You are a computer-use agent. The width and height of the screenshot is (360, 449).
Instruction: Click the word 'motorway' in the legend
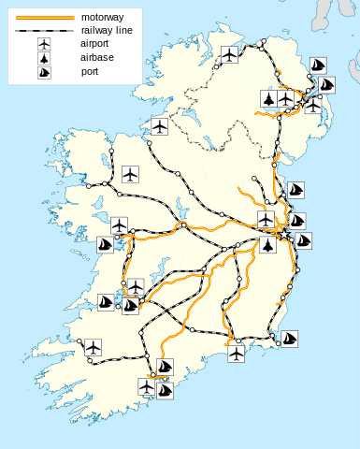click(103, 17)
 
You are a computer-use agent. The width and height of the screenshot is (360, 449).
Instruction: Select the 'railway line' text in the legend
click(108, 30)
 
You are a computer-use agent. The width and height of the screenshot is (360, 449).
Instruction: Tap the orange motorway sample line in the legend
click(45, 17)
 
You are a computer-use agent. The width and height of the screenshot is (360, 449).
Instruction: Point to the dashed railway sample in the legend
click(45, 30)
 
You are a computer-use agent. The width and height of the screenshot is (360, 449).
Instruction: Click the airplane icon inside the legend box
click(45, 44)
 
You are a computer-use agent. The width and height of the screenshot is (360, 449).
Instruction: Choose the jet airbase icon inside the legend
click(45, 58)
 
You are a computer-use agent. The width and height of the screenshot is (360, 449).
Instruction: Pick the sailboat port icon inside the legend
click(45, 72)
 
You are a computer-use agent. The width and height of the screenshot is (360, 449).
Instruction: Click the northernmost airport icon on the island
click(230, 55)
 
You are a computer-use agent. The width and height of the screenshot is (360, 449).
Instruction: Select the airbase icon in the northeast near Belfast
click(269, 98)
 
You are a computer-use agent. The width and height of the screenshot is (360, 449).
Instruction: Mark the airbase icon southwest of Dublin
click(268, 246)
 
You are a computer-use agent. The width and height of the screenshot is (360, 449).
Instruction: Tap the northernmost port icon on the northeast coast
click(318, 66)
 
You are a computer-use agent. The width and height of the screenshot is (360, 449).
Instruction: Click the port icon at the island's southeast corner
click(290, 338)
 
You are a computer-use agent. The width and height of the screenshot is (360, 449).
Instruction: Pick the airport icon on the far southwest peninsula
click(92, 347)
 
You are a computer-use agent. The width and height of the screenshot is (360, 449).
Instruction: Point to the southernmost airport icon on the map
click(147, 385)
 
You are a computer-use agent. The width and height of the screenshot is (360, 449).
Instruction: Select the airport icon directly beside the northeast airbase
click(286, 98)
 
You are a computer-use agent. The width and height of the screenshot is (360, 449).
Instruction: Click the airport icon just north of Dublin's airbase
click(266, 219)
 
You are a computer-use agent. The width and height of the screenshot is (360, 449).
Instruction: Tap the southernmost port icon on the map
click(166, 389)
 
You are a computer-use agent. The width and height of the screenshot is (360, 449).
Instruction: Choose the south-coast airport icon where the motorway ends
click(236, 355)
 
